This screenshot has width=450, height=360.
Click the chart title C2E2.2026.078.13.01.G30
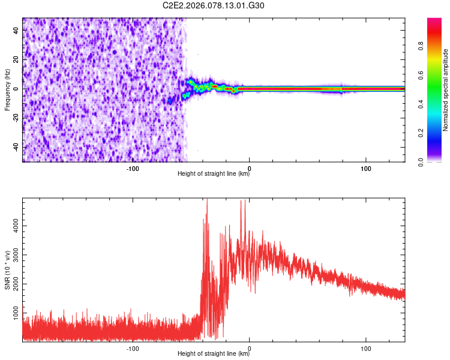coord(214,5)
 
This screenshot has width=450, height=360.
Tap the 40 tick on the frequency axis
coord(17,30)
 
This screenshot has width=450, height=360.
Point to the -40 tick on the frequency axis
coord(16,148)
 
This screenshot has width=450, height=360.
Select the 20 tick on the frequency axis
coord(17,59)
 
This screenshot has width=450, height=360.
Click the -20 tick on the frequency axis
coord(16,118)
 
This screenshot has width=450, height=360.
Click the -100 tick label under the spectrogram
coord(133,169)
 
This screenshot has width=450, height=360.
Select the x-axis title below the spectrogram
coord(214,175)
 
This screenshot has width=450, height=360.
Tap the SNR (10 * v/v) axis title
coord(7,270)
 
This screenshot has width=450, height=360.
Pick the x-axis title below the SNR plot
coord(214,355)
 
